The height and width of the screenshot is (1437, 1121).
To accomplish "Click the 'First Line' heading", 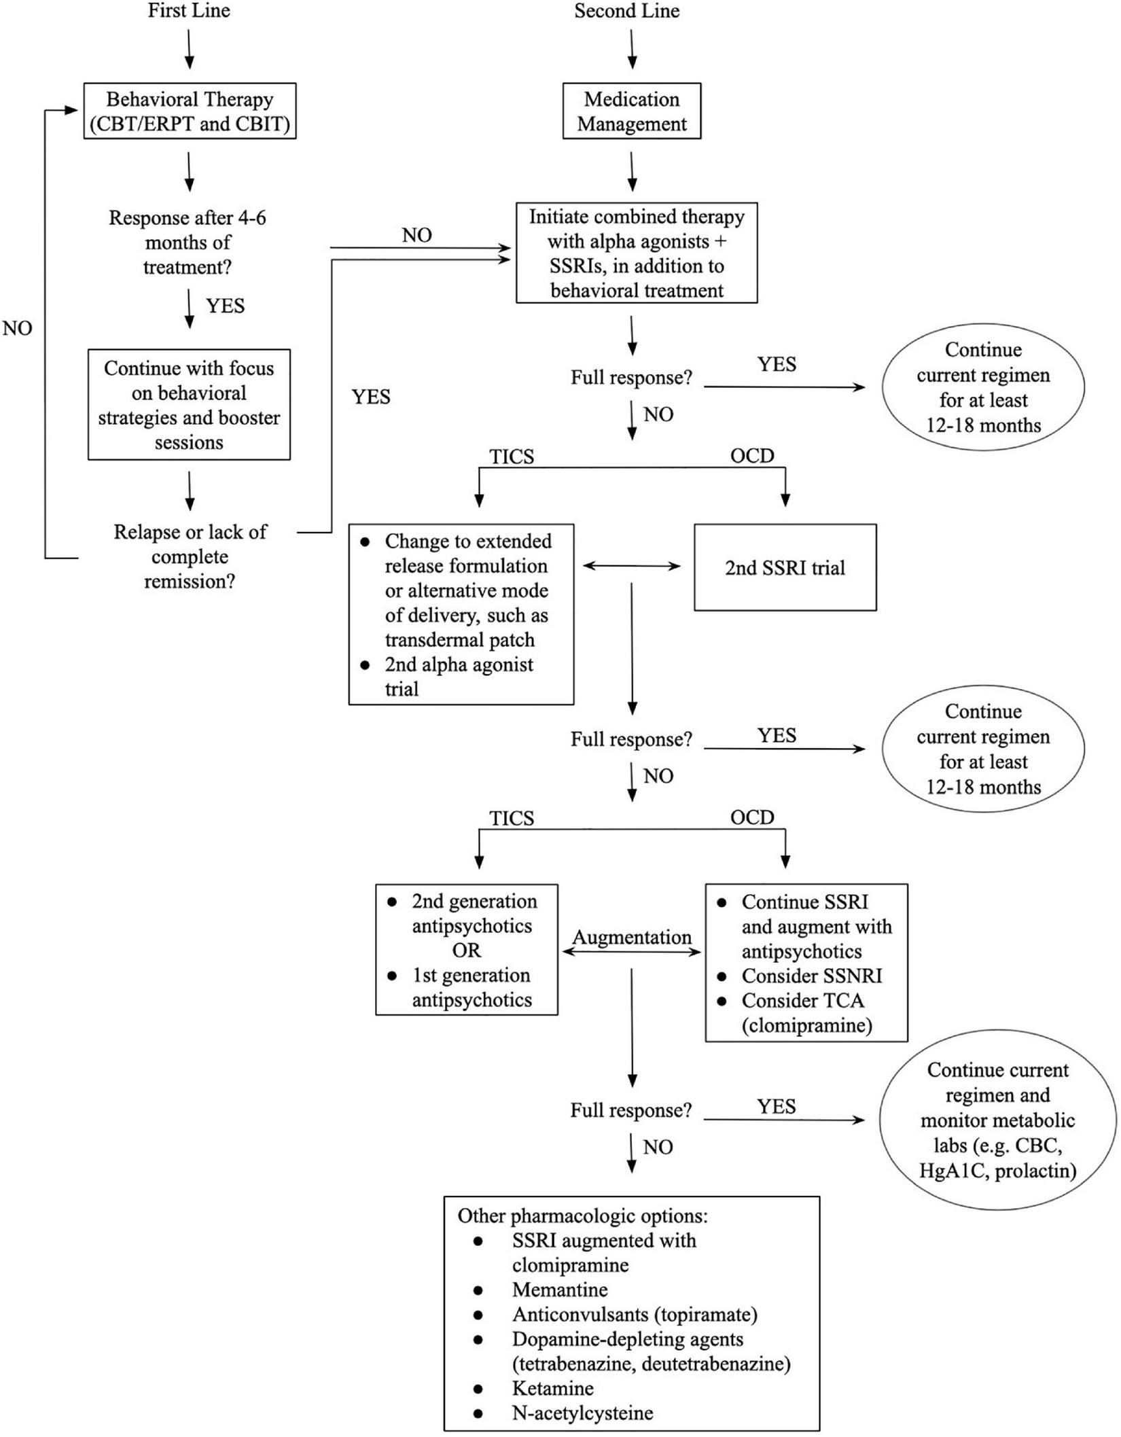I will [189, 11].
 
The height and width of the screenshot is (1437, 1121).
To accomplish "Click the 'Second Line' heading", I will [626, 11].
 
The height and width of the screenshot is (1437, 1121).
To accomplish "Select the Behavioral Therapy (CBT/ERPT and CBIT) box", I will [190, 111].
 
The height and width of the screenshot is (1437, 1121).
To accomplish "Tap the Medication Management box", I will [631, 111].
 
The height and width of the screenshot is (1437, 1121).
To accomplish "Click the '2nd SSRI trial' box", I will [785, 567].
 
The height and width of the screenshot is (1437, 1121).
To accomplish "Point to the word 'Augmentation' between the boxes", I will [631, 937].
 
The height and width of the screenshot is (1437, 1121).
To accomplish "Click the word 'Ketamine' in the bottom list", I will [552, 1387].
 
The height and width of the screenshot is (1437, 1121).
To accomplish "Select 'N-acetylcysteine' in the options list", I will [582, 1413].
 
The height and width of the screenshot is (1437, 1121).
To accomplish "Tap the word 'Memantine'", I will [560, 1289].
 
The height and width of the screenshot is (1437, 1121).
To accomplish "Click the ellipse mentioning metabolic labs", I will [997, 1120].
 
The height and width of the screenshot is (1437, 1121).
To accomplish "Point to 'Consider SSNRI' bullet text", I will [811, 976].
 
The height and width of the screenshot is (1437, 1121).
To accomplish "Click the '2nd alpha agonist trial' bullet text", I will [459, 676].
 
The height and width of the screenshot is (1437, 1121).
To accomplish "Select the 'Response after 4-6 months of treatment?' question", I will [188, 243].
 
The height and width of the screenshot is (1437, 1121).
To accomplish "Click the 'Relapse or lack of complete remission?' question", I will [190, 556].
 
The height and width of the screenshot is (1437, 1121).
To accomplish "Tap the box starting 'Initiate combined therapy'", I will [637, 253].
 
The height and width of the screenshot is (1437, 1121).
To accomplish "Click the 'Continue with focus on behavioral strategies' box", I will [189, 405].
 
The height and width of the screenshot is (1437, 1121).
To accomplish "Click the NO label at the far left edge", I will [18, 328].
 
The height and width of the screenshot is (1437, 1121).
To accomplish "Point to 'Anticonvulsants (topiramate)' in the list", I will [634, 1314].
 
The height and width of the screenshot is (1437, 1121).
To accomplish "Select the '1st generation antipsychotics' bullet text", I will [471, 987].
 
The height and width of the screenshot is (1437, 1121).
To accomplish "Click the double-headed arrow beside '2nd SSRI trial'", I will [632, 566].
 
